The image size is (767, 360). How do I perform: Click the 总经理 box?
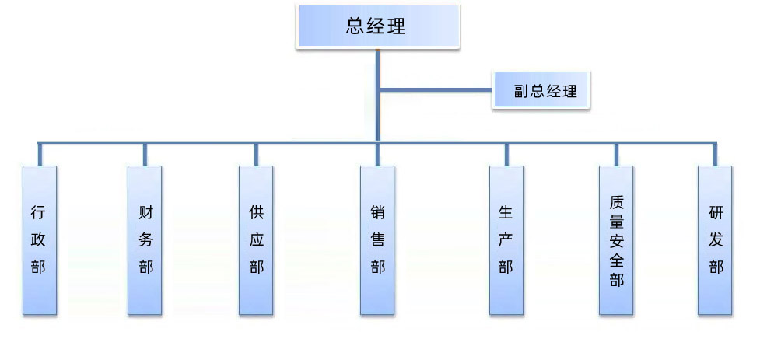(376, 26)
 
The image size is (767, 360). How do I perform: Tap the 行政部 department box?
(39, 239)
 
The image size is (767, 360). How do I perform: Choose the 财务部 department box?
(145, 239)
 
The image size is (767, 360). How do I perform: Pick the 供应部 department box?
(256, 239)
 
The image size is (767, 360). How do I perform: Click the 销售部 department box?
(377, 239)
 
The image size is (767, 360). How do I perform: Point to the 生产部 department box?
(506, 239)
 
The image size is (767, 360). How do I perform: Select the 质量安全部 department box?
(616, 239)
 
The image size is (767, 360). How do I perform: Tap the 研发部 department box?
(716, 239)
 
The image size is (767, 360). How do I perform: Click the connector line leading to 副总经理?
(436, 91)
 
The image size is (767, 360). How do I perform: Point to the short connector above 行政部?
(39, 154)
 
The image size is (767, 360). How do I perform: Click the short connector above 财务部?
(145, 154)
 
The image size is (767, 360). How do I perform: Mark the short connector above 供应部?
(256, 154)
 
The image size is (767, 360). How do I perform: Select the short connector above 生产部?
(506, 154)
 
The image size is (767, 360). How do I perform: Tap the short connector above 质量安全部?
(616, 154)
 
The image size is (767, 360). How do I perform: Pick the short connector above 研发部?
(716, 154)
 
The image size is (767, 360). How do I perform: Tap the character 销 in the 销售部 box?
(377, 211)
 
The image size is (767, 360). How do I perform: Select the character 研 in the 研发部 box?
(716, 211)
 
